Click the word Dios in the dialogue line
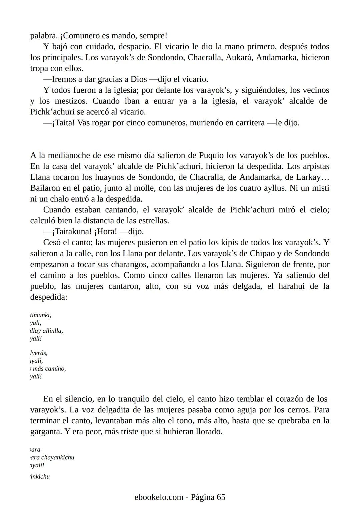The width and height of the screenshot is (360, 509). [138, 79]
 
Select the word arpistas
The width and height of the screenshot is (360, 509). [314, 166]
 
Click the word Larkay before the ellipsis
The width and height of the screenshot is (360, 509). [308, 177]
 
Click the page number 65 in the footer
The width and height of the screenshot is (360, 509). [221, 497]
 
